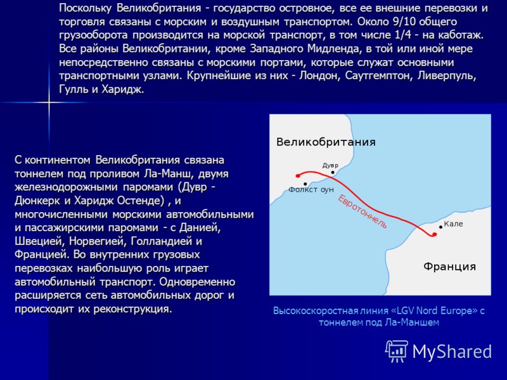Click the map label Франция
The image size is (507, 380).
click(449, 267)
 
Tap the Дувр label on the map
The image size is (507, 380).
click(330, 165)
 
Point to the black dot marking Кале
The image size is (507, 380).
click(440, 227)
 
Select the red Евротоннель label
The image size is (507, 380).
click(362, 212)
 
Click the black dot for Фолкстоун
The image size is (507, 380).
click(305, 184)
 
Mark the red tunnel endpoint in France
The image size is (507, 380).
click(434, 234)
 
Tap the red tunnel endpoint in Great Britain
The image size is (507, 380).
click(298, 176)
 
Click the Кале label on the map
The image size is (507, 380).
click(453, 224)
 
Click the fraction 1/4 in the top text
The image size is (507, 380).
click(402, 35)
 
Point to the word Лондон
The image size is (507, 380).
click(319, 75)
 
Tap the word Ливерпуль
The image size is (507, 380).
click(447, 75)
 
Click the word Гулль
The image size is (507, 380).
click(74, 89)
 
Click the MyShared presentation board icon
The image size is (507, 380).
click(397, 351)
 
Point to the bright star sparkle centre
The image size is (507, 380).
click(49, 103)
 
